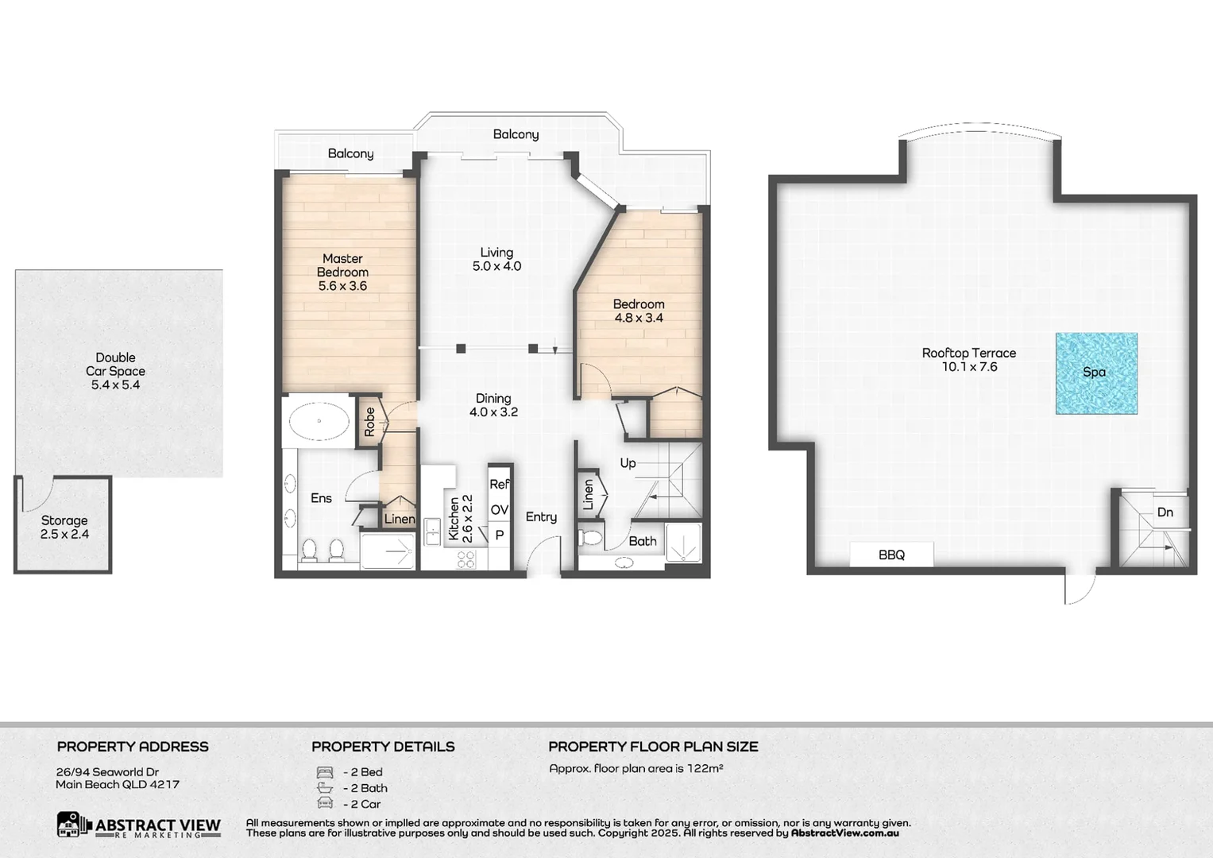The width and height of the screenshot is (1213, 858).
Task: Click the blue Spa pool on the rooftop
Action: (1096, 373)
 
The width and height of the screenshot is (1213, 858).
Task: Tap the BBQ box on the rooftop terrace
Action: (891, 555)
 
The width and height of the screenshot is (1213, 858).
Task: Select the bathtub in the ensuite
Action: (319, 421)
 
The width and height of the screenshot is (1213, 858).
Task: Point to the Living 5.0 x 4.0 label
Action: (496, 260)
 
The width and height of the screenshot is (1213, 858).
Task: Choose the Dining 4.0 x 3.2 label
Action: (493, 405)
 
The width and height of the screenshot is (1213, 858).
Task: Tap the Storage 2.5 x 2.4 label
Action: (64, 528)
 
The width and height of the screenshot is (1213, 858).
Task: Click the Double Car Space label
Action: (116, 371)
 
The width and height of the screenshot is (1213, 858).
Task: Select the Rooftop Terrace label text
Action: (968, 353)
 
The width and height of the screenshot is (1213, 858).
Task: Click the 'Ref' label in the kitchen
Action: (499, 484)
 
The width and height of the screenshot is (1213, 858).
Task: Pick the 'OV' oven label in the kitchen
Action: (499, 510)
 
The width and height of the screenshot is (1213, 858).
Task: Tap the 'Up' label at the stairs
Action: (628, 463)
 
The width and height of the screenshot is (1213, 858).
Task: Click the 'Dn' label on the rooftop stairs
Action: (1165, 512)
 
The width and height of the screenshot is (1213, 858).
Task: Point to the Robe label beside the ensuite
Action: (369, 422)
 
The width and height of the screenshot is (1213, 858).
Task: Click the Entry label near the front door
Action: (541, 517)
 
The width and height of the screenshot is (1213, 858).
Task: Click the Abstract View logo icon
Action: (74, 825)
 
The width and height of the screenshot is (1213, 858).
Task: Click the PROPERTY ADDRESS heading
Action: (133, 747)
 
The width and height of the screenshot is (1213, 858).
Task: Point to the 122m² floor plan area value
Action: (705, 768)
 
